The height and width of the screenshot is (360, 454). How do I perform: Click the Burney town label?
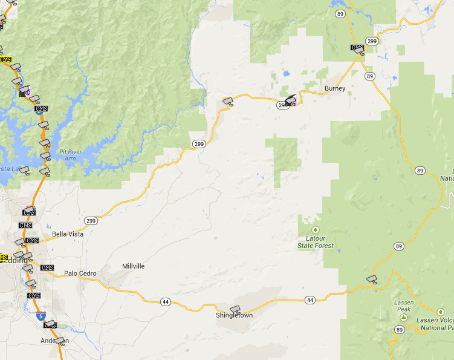[335, 88]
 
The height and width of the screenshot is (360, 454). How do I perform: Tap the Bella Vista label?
[67, 234]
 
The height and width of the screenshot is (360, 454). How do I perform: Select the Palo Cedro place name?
[80, 273]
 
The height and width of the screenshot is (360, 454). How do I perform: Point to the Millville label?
[133, 266]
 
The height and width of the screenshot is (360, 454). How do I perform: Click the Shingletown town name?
[234, 316]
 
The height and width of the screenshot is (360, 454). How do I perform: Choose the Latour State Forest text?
[316, 242]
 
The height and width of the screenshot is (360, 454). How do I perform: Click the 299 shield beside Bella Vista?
[91, 220]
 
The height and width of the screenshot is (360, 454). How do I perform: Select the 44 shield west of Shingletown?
[165, 301]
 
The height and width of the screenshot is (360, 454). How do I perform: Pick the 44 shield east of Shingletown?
[310, 300]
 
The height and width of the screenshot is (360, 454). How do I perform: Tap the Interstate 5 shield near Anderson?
[40, 316]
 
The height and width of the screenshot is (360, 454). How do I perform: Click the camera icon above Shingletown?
[235, 310]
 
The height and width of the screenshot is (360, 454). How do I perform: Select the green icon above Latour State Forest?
[315, 230]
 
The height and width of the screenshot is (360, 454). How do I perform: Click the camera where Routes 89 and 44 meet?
[372, 279]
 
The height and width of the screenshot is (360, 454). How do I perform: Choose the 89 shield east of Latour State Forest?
[398, 246]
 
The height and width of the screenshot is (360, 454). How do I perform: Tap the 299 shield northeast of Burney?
[372, 41]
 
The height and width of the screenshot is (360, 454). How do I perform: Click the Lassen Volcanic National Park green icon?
[440, 312]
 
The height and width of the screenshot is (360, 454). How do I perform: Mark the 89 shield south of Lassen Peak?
[399, 330]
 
